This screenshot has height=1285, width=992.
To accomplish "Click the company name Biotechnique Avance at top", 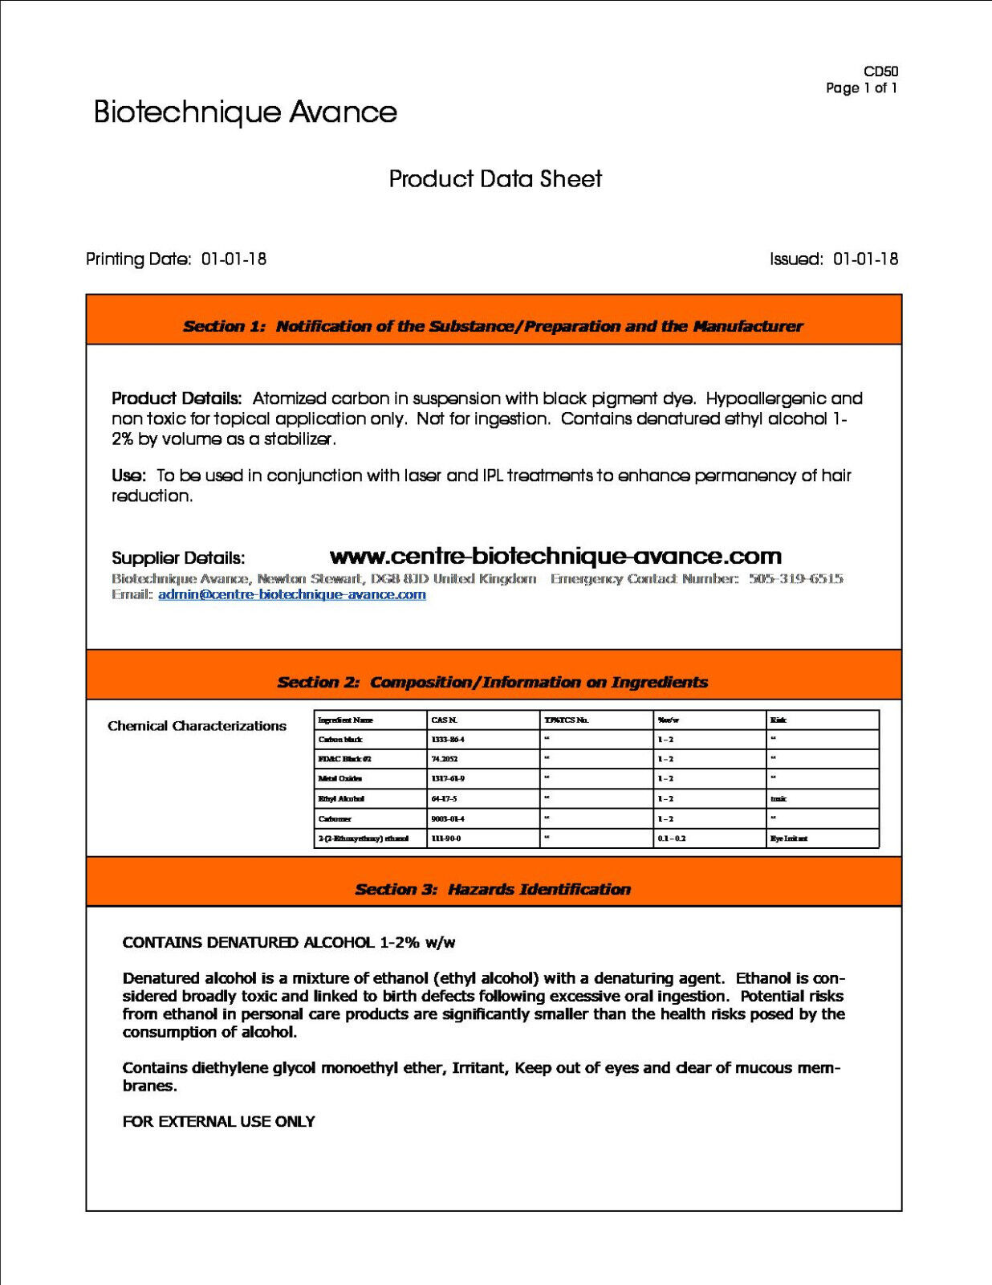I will [245, 112].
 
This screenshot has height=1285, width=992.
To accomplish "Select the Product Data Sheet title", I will [495, 179].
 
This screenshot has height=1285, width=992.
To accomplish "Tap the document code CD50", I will [880, 71].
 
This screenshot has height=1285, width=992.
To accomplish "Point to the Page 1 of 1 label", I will [861, 88].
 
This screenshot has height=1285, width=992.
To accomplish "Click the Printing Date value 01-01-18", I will [234, 259].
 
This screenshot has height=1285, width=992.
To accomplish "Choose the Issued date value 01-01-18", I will [865, 259].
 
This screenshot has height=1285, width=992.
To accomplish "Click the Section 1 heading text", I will [493, 326].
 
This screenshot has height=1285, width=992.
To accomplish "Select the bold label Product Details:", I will [177, 398].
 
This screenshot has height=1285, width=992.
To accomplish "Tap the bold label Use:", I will [128, 475].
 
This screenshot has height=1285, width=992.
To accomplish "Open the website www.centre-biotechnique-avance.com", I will [555, 556].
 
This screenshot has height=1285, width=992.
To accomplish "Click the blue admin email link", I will [291, 594].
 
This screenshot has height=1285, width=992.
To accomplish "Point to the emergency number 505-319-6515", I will [795, 578].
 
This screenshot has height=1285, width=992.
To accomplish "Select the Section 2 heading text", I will [492, 682].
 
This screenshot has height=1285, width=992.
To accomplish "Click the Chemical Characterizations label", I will [197, 726].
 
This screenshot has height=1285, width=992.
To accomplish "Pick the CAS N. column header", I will [444, 720].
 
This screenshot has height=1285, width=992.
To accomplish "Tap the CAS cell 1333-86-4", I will [448, 740].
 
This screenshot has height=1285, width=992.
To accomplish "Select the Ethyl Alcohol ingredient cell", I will [341, 799].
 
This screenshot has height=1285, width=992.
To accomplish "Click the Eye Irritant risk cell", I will [789, 838].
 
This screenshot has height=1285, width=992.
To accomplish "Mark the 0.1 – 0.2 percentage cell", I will [672, 838].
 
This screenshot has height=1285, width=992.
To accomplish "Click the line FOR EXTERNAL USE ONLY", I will [218, 1121].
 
